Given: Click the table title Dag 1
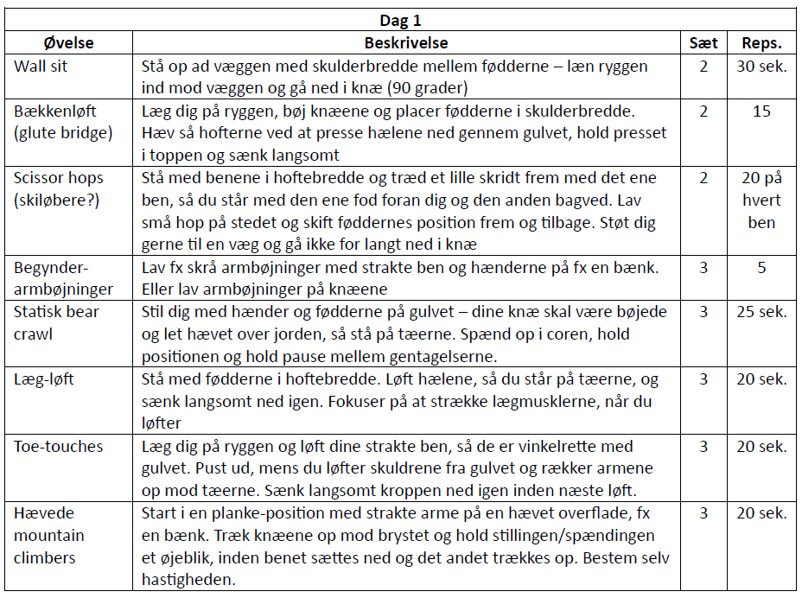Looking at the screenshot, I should point(400,21).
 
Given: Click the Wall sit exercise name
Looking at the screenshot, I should point(41,66).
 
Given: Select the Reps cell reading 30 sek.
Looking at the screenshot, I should point(761,66).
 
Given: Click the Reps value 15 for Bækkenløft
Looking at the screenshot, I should point(761,111).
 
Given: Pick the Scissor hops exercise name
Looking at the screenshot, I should point(58,178).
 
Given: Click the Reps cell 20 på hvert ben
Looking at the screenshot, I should point(761,200).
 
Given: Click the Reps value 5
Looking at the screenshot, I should point(761,268).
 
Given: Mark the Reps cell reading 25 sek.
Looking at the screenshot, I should point(761,312).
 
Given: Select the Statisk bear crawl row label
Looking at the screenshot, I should point(55,322).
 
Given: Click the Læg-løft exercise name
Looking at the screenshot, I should point(43,379).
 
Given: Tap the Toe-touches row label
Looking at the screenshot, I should point(58,447).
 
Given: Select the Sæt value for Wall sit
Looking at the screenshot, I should point(703,66).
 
